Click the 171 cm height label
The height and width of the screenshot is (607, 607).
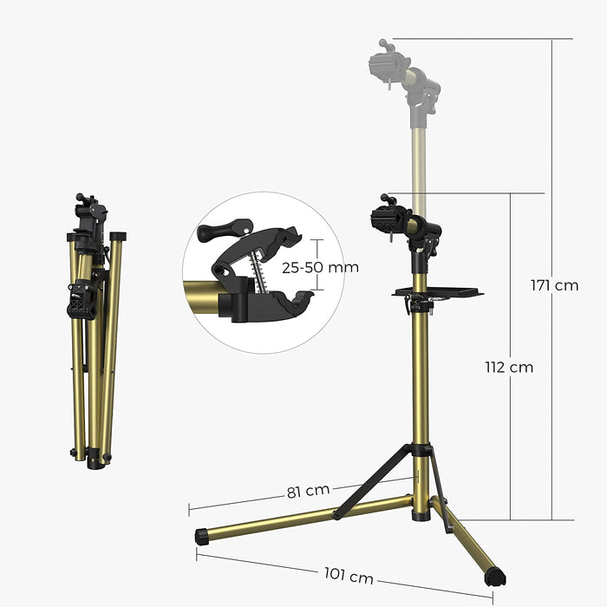[554, 285]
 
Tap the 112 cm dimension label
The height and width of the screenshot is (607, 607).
[509, 367]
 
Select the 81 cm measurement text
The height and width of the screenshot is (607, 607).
[305, 492]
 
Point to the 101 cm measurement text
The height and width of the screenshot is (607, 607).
[349, 574]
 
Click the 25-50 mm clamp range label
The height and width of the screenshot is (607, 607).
[321, 268]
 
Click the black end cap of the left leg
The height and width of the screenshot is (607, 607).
[202, 537]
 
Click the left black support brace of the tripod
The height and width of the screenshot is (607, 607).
[373, 481]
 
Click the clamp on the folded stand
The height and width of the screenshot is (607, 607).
[80, 299]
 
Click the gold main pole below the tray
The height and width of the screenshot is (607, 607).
[421, 373]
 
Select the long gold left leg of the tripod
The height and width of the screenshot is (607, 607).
[303, 518]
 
